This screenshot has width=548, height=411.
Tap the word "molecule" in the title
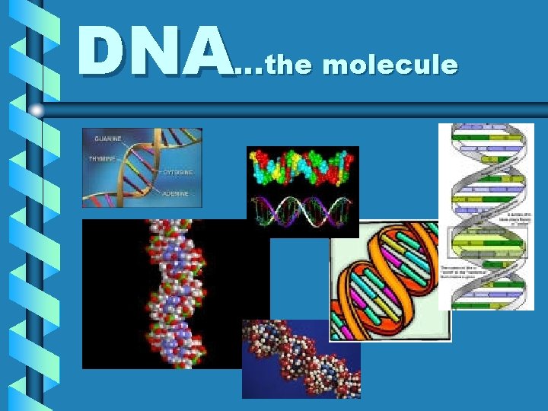click(x=390, y=65)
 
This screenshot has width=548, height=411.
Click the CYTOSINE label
click(x=177, y=173)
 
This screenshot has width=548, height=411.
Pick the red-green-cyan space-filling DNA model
click(x=302, y=167)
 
